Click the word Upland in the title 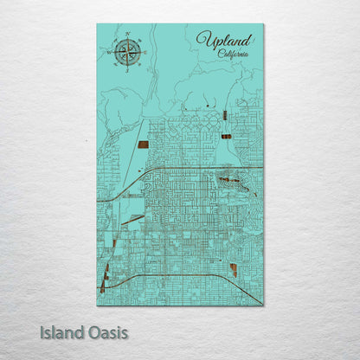224,40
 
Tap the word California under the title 233,55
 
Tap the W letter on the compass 110,51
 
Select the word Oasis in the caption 107,331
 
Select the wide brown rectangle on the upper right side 226,136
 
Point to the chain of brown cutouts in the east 235,182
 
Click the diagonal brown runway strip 132,220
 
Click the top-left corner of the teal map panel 97,24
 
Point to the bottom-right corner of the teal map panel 263,305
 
